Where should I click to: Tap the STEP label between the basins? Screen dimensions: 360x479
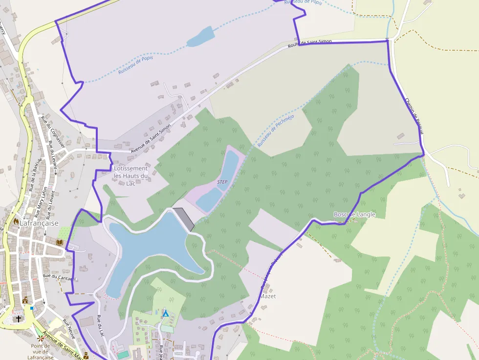tap(222, 182)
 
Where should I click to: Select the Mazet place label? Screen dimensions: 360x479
tap(268, 296)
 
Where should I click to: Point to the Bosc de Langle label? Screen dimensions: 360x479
tap(354, 214)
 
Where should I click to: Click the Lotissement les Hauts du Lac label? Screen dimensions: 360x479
tap(131, 176)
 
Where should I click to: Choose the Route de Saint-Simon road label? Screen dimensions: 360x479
tap(310, 43)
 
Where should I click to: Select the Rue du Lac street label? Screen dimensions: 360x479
tap(101, 326)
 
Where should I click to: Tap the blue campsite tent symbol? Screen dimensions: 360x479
tap(166, 313)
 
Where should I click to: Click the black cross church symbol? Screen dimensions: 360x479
tap(19, 319)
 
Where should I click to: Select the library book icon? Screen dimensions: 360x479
tap(60, 242)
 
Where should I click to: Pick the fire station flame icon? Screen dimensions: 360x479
tap(16, 221)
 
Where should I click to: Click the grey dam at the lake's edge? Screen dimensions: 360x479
tap(184, 219)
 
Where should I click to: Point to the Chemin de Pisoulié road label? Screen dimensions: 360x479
tap(413, 116)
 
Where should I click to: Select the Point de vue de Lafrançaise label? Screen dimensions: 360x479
tap(40, 352)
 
